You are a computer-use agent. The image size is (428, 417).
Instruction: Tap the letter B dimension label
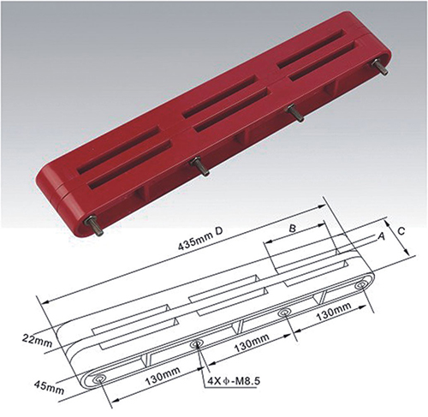(x=293, y=228)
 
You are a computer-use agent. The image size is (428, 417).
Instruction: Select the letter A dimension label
(x=382, y=236)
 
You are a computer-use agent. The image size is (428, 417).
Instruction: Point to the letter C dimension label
(x=401, y=231)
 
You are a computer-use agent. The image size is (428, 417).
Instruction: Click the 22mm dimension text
(x=37, y=341)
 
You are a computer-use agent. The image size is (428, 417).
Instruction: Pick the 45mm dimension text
(x=49, y=386)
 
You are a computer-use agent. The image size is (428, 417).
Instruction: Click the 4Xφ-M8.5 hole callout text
(x=233, y=381)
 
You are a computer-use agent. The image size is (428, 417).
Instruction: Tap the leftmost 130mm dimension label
(x=163, y=375)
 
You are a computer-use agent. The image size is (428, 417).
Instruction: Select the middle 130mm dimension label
(x=252, y=343)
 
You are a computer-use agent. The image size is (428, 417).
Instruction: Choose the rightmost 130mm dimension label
(x=334, y=311)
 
